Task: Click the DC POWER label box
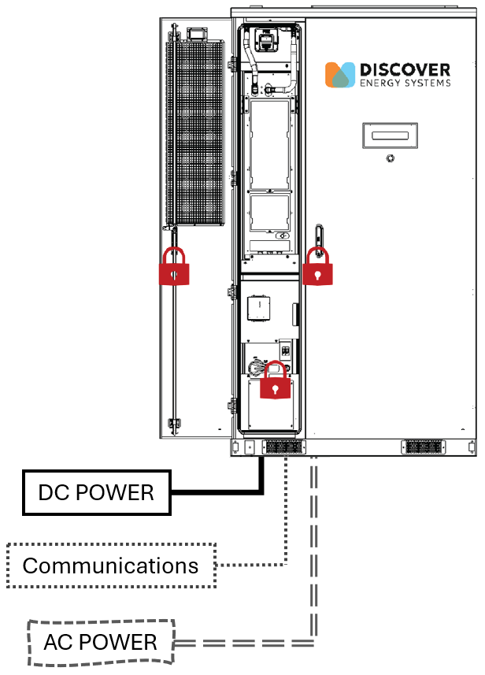(x=97, y=493)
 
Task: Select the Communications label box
(x=110, y=565)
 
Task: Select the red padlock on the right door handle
(x=317, y=267)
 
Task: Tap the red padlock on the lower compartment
(x=274, y=382)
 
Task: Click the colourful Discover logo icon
(x=340, y=74)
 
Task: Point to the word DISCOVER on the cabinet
(x=405, y=69)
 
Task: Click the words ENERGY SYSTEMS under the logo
(x=405, y=83)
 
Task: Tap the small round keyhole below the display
(x=390, y=158)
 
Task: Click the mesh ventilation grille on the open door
(x=194, y=134)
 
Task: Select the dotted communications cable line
(x=284, y=520)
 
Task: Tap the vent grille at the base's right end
(x=424, y=447)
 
